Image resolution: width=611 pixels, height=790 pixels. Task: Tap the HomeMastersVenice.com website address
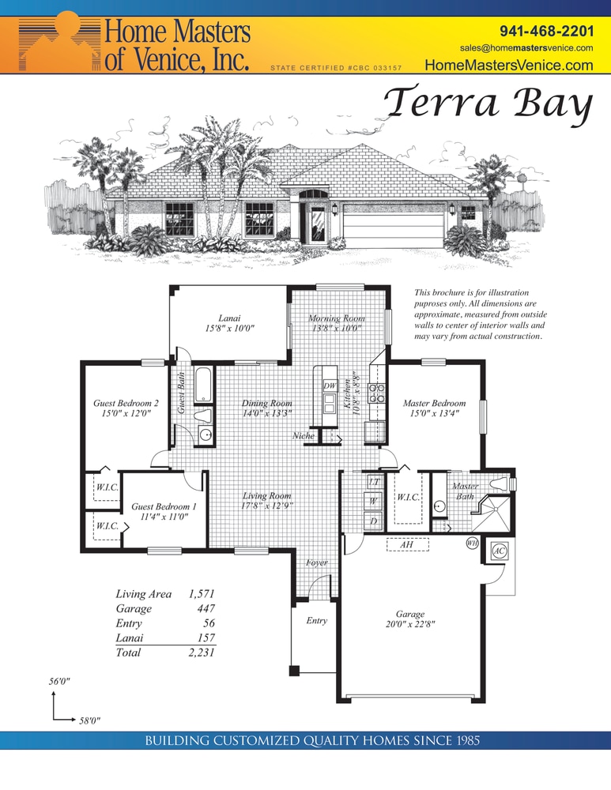click(x=508, y=66)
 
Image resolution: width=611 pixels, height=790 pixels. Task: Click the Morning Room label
click(x=337, y=318)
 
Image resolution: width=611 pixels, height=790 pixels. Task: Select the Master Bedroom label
click(x=434, y=403)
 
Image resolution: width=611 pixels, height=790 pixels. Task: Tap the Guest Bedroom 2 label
click(x=126, y=403)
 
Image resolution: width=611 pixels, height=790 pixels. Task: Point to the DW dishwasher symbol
click(x=330, y=386)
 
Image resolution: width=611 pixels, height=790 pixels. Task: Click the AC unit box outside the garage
click(x=500, y=551)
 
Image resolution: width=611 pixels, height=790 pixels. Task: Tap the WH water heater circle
click(x=472, y=543)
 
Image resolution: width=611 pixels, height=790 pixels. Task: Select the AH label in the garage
click(x=406, y=544)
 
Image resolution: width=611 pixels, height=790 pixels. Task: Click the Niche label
click(x=304, y=435)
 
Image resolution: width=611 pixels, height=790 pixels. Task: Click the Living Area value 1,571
click(x=201, y=593)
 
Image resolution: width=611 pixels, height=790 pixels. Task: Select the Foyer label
click(x=317, y=562)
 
